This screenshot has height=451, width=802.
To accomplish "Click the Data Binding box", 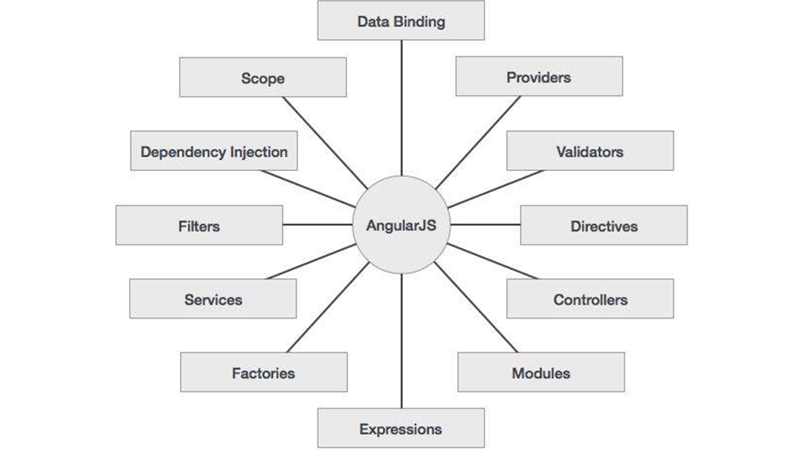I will (x=400, y=21).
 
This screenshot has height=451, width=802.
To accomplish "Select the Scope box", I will (x=263, y=78).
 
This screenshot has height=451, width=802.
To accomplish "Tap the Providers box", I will (x=539, y=76).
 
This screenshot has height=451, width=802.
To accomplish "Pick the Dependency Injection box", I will (x=213, y=151).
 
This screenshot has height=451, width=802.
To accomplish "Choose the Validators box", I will (x=589, y=151).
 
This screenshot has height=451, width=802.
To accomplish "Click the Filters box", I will (x=198, y=225).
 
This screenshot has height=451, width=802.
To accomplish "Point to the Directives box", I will (x=604, y=225).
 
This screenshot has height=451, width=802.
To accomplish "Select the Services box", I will (x=213, y=299).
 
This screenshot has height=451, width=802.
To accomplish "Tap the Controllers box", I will (x=589, y=299).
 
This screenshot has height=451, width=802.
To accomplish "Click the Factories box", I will (x=263, y=372).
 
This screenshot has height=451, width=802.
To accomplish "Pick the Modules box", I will (x=541, y=372).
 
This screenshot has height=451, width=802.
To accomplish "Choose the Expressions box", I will (x=400, y=428).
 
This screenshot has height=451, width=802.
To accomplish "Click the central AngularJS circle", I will (x=401, y=225).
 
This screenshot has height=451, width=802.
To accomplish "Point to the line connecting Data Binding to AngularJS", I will (x=401, y=107).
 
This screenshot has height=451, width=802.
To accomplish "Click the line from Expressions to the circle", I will (x=401, y=341).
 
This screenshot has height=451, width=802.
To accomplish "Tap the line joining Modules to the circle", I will (x=477, y=307).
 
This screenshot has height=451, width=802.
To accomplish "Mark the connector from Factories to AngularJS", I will (x=327, y=307).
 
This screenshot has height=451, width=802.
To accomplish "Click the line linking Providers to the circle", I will (x=478, y=142).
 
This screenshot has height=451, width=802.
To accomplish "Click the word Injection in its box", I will (x=259, y=152).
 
